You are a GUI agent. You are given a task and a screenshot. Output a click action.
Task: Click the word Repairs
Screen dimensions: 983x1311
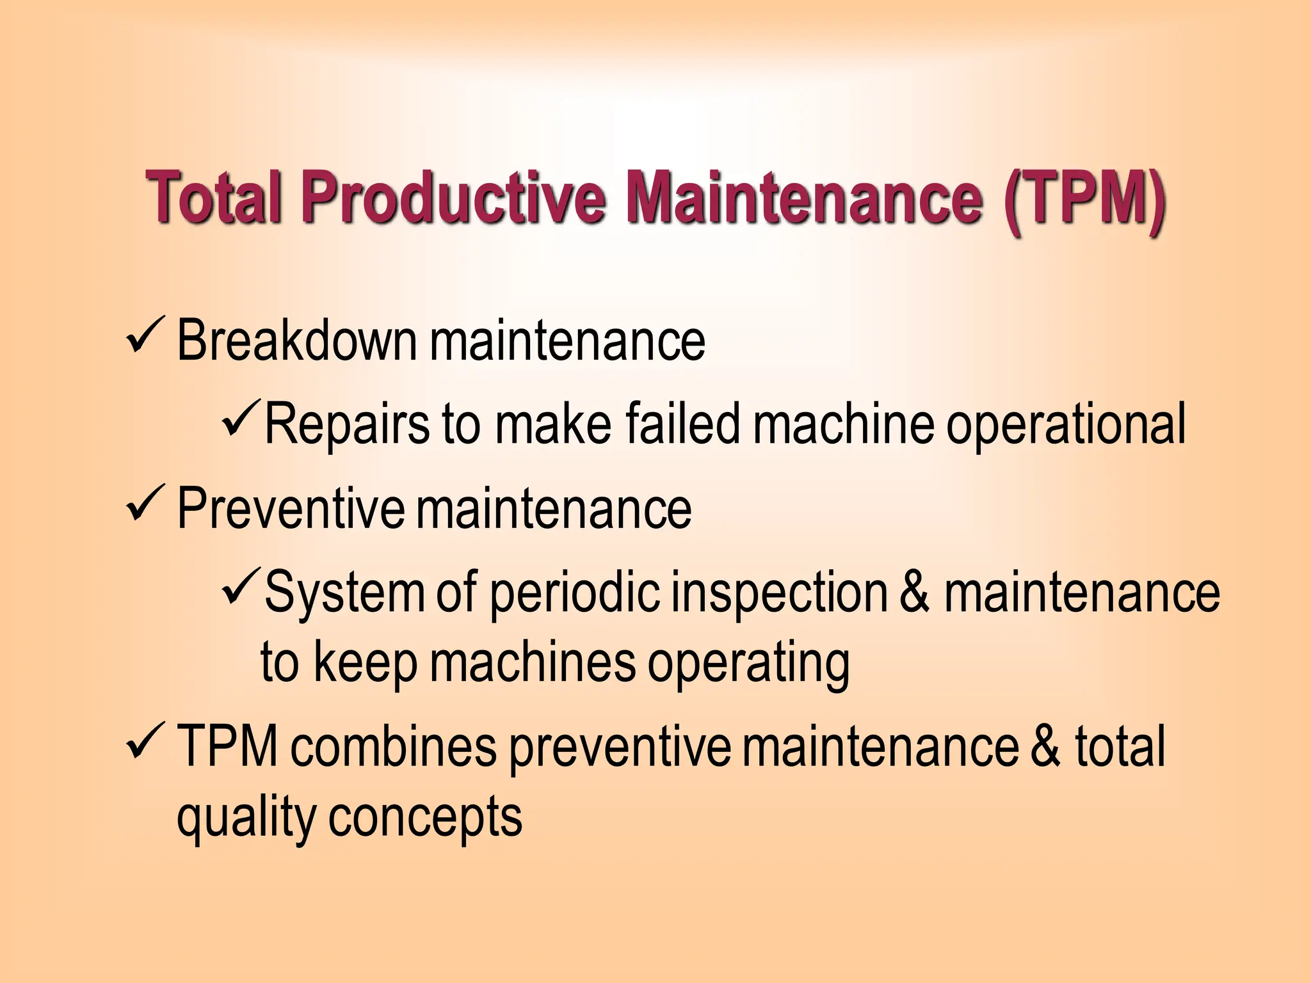pos(346,423)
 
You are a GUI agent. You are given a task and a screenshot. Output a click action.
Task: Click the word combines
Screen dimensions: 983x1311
pos(393,747)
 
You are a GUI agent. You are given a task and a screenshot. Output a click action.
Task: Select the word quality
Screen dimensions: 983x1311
pos(246,819)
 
